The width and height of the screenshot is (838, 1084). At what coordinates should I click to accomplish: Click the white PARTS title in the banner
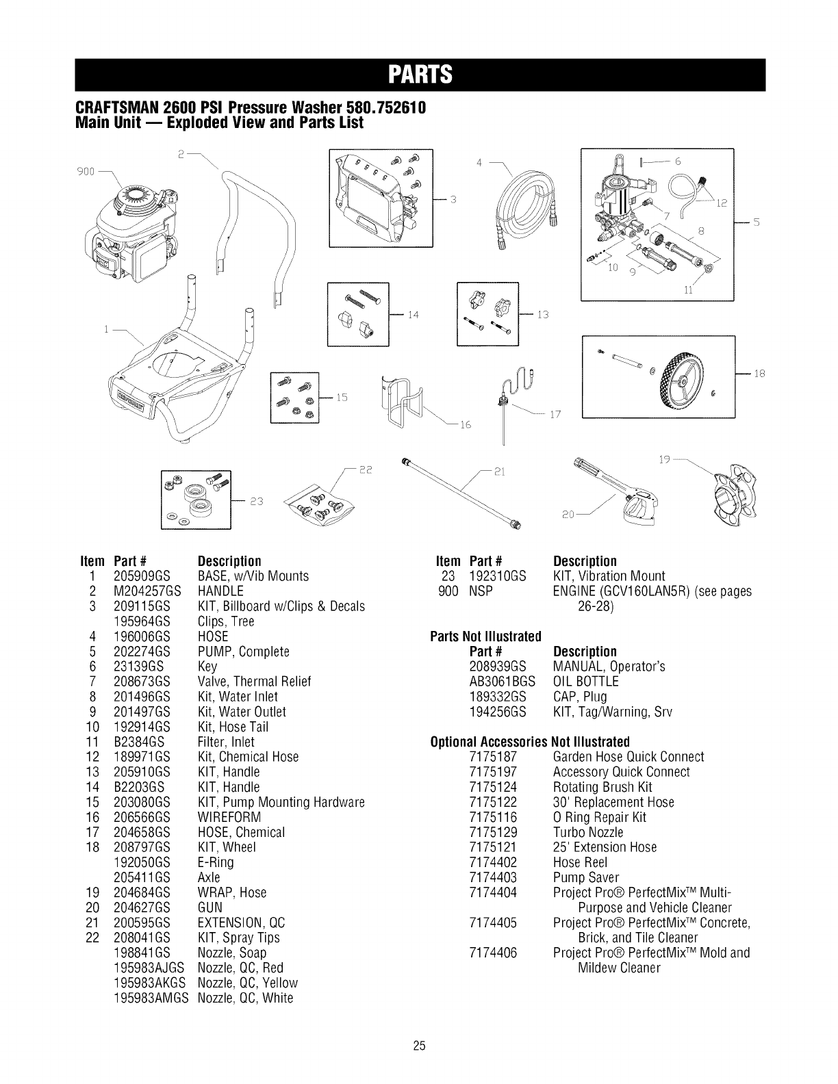419,75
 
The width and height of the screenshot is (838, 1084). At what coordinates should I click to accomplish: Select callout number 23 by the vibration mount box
255,500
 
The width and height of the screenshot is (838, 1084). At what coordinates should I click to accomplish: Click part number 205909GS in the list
142,576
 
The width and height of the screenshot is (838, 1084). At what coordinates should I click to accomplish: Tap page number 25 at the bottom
420,1046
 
